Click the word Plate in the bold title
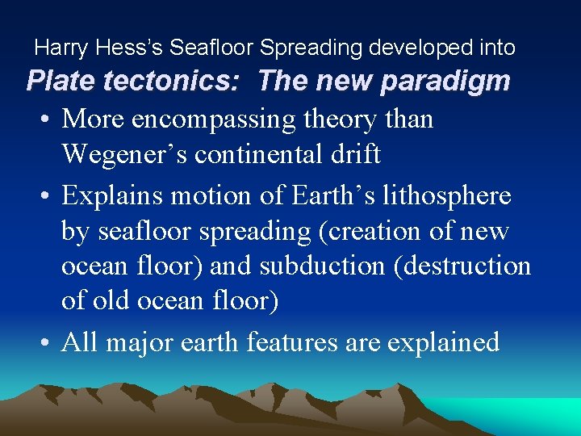(62, 82)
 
